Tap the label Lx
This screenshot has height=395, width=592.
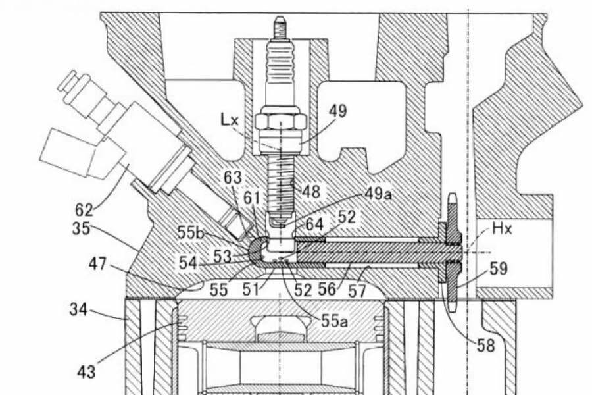coord(231,120)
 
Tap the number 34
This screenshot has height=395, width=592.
coord(82,309)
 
